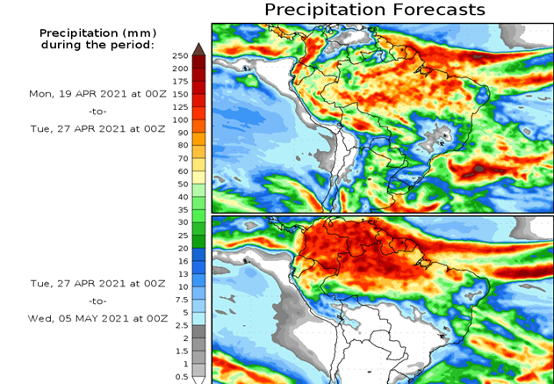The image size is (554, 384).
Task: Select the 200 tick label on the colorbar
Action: [180, 69]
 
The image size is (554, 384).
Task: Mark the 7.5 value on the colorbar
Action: [180, 300]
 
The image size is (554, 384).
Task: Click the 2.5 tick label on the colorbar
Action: [180, 325]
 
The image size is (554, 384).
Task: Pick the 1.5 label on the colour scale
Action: [180, 351]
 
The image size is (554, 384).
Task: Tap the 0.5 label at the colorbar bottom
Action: [180, 377]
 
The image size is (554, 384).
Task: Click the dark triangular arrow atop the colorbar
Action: [198, 49]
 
